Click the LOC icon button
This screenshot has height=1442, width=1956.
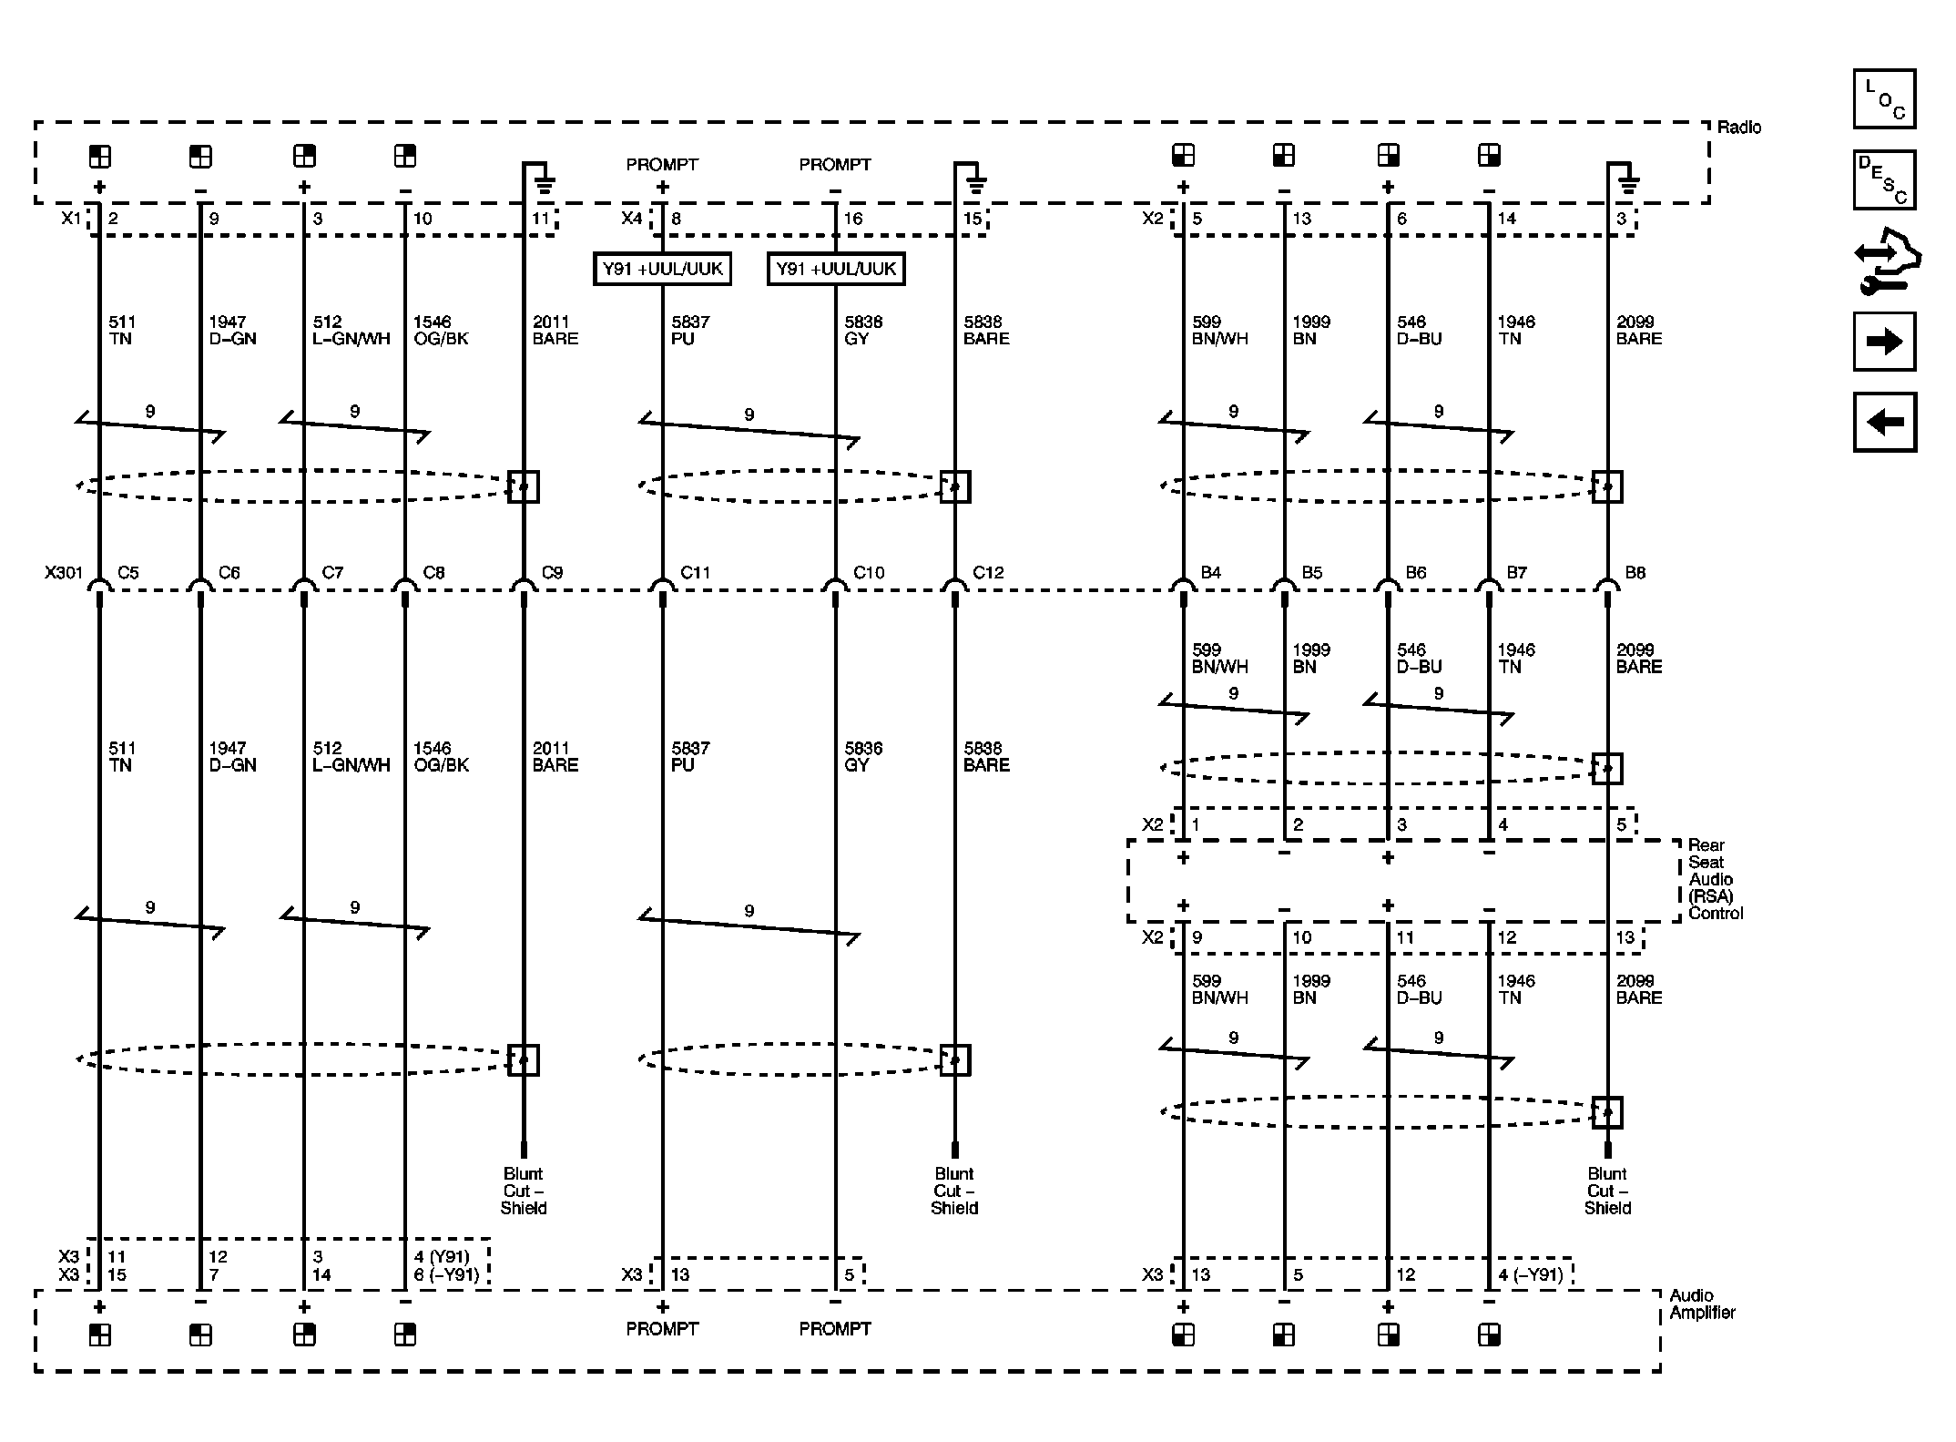tap(1884, 98)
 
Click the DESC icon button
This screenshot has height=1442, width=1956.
tap(1884, 179)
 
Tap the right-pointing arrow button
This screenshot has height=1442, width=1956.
tap(1884, 342)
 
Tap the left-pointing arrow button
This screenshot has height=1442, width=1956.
tap(1884, 422)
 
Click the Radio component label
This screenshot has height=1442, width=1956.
tap(1738, 128)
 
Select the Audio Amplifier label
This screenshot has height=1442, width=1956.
tap(1701, 1304)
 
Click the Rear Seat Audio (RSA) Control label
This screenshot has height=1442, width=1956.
tap(1714, 879)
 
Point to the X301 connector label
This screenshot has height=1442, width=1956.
tap(63, 573)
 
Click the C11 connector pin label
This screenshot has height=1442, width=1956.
tap(695, 573)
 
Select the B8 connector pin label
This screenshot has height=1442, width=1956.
tap(1635, 573)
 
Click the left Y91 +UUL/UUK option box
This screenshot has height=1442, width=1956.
tap(662, 269)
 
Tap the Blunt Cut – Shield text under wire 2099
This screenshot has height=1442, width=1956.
tap(1607, 1191)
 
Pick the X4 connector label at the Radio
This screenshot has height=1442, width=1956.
tap(631, 219)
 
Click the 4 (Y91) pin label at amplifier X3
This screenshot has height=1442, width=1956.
tap(442, 1256)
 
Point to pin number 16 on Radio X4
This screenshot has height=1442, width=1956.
tap(852, 219)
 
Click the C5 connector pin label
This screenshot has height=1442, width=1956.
tap(128, 573)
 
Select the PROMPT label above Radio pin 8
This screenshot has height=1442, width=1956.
tap(662, 165)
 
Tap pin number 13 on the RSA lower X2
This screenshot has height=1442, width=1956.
tap(1625, 937)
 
